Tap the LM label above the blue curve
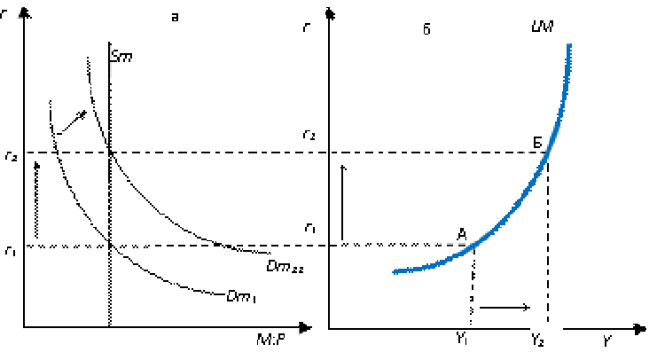[x=543, y=29]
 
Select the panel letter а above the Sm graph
[x=185, y=19]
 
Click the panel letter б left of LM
[x=438, y=30]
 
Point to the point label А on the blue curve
[x=462, y=234]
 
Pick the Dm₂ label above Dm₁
[x=285, y=267]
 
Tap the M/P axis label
[x=277, y=340]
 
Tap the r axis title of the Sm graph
[x=9, y=16]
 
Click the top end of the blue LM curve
[x=568, y=45]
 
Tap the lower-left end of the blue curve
[x=395, y=271]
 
